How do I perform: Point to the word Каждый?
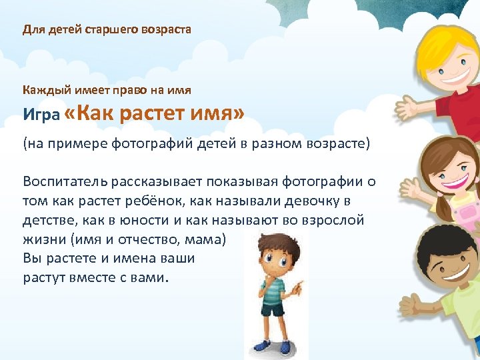pyautogui.click(x=41, y=90)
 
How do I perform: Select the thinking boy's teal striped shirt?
pyautogui.click(x=273, y=287)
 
